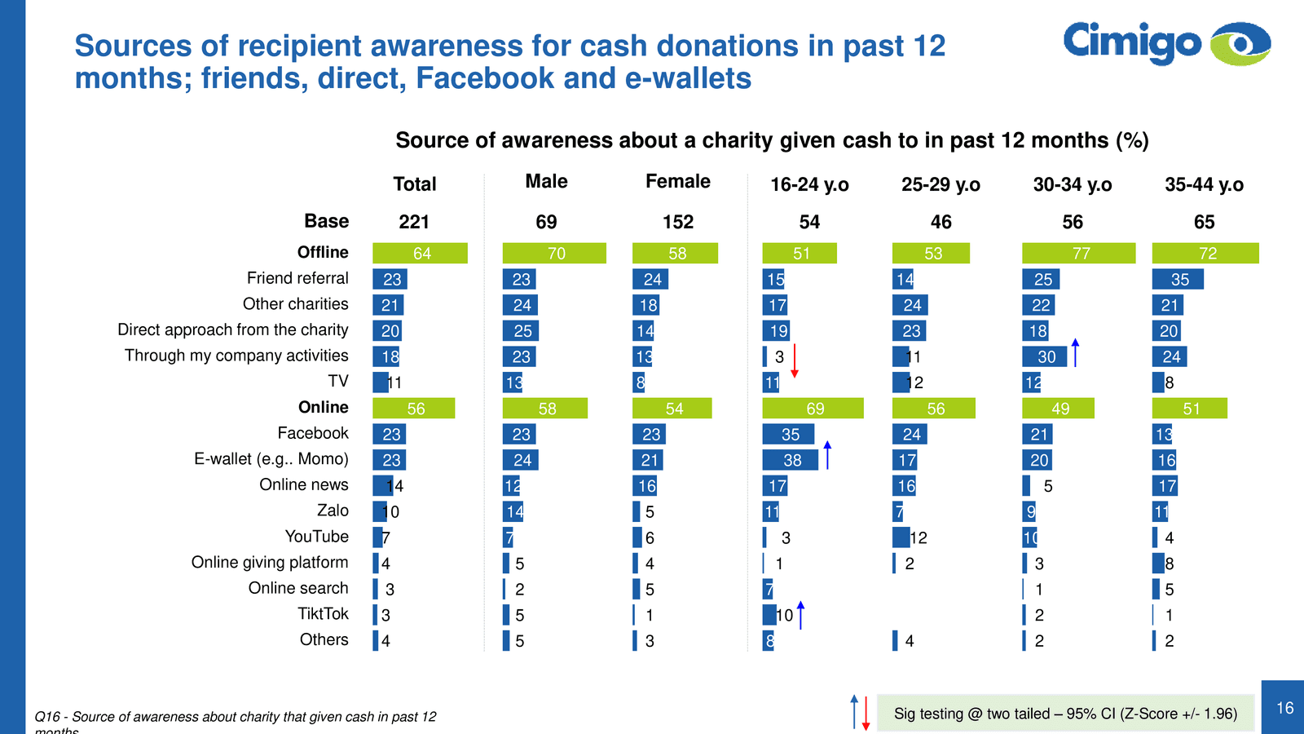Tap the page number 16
click(x=1284, y=708)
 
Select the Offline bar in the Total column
click(x=420, y=253)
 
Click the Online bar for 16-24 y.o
click(x=813, y=408)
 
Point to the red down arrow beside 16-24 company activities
click(x=795, y=360)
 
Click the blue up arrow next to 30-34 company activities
click(x=1075, y=352)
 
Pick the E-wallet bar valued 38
click(x=790, y=460)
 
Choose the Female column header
click(x=677, y=182)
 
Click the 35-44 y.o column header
click(x=1204, y=185)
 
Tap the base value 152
click(x=677, y=222)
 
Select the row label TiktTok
click(x=323, y=614)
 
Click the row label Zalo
click(x=333, y=511)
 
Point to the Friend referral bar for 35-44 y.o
click(x=1178, y=279)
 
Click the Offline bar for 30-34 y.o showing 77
click(x=1078, y=253)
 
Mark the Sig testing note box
click(x=1065, y=714)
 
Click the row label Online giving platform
click(x=270, y=563)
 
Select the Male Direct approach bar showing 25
click(x=521, y=330)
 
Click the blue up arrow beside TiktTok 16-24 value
click(x=800, y=615)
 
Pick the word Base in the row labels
click(x=326, y=221)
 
